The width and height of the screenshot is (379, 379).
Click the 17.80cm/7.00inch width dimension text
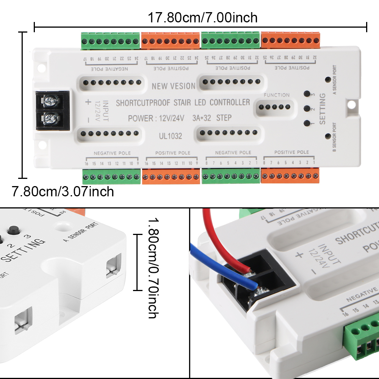click(202, 17)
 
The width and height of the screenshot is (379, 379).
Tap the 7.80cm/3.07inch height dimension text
click(63, 192)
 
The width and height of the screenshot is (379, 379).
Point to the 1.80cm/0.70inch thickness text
click(152, 268)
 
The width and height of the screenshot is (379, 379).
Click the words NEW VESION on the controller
click(174, 86)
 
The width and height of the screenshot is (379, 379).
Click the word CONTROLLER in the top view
click(230, 102)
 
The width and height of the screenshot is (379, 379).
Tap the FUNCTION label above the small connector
click(277, 95)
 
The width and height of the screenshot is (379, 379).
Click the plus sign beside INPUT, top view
click(88, 102)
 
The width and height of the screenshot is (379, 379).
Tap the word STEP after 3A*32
click(224, 118)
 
